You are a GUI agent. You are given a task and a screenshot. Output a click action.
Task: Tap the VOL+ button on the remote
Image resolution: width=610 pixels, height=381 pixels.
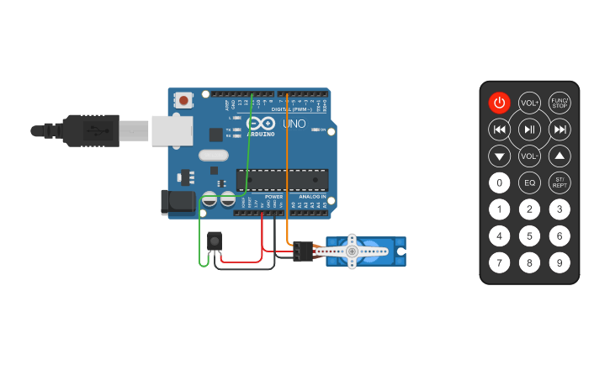point(529,103)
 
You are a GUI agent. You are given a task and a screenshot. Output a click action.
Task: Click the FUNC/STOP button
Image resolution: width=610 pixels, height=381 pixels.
point(560,103)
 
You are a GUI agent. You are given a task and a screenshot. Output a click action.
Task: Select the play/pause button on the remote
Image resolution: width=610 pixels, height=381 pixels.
point(529,129)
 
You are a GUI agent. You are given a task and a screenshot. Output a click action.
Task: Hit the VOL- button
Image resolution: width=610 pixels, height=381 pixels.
point(529,156)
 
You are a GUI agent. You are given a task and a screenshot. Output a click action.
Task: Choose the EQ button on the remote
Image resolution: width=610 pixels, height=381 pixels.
point(529,183)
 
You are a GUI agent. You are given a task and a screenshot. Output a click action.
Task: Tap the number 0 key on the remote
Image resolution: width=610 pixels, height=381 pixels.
point(500,183)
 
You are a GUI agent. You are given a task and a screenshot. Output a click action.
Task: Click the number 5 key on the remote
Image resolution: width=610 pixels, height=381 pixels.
point(529,236)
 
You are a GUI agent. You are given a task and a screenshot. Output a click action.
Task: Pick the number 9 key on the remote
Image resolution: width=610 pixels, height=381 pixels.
point(560,263)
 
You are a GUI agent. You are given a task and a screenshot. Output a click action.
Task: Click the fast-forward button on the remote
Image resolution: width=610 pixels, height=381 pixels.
point(560,129)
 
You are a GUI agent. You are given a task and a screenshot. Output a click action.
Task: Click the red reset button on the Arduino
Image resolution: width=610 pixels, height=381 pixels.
point(183,100)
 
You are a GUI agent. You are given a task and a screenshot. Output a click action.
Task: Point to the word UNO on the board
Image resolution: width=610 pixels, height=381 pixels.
point(294,124)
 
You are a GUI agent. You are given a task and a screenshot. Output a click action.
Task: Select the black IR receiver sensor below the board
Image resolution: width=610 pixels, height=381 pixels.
point(215,241)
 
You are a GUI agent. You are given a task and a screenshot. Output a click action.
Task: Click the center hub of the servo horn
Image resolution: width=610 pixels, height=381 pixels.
point(353,251)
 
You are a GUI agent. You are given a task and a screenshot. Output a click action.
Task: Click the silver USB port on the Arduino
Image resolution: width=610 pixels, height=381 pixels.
point(172,131)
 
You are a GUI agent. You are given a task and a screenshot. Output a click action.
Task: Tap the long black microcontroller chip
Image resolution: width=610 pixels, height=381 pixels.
point(282,180)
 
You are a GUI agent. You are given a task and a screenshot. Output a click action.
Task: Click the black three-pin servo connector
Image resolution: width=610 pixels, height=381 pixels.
point(303,251)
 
